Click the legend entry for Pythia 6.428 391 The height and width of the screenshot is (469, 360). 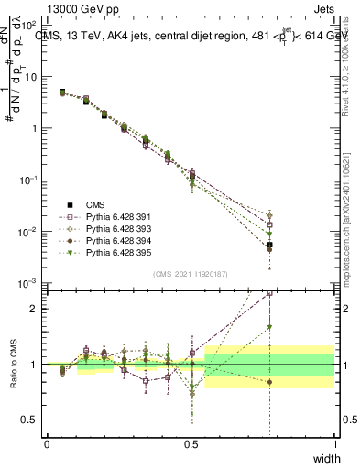(100, 216)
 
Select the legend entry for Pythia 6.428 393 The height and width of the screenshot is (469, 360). (100, 228)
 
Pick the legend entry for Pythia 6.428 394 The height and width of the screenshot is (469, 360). (100, 240)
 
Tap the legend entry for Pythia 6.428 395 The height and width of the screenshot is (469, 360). (100, 252)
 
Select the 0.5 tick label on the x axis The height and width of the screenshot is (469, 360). (191, 443)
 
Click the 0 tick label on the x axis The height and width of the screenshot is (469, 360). (47, 443)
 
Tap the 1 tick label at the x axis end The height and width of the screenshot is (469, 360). (335, 443)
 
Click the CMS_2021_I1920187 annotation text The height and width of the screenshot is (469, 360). (190, 274)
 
